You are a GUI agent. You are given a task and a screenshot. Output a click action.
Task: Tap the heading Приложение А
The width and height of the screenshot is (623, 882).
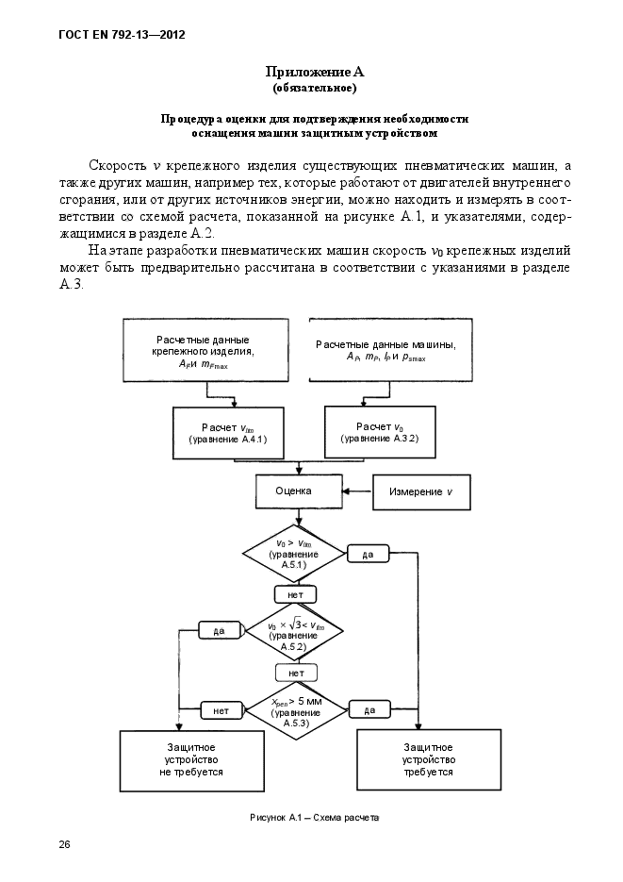click(x=314, y=72)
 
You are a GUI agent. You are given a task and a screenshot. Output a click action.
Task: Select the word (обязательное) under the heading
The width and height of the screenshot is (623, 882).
click(x=314, y=88)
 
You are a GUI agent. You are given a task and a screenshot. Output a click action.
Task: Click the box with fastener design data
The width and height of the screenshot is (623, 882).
click(x=204, y=351)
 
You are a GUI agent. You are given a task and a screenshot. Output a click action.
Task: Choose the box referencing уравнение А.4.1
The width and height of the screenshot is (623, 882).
click(x=227, y=433)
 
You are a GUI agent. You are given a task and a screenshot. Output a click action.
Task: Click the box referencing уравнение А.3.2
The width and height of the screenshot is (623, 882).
click(x=380, y=433)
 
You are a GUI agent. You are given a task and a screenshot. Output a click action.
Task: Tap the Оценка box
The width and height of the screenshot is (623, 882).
click(x=293, y=491)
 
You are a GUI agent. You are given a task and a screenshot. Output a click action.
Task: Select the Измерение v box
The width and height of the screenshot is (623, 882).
click(x=421, y=491)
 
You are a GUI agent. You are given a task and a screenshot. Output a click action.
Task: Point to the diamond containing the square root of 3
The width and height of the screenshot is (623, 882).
click(x=294, y=631)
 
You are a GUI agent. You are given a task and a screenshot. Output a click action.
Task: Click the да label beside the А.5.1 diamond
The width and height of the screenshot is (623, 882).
click(x=369, y=555)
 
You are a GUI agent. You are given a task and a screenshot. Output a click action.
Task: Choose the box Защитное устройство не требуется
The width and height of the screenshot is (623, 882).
click(x=191, y=759)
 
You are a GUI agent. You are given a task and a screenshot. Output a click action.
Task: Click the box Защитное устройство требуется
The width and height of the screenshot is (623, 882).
click(x=429, y=759)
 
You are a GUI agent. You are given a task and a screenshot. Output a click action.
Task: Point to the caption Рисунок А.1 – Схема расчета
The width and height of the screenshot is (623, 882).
click(x=314, y=818)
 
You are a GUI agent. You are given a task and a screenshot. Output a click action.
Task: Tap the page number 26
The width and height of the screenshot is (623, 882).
click(x=65, y=843)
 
